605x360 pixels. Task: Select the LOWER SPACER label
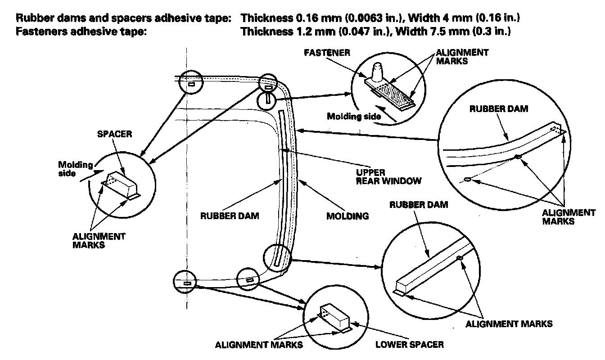410,345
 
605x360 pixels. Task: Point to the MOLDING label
347,216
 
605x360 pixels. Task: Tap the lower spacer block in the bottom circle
334,318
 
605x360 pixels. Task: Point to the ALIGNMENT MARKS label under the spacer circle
99,240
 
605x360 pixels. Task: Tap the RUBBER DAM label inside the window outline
230,216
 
